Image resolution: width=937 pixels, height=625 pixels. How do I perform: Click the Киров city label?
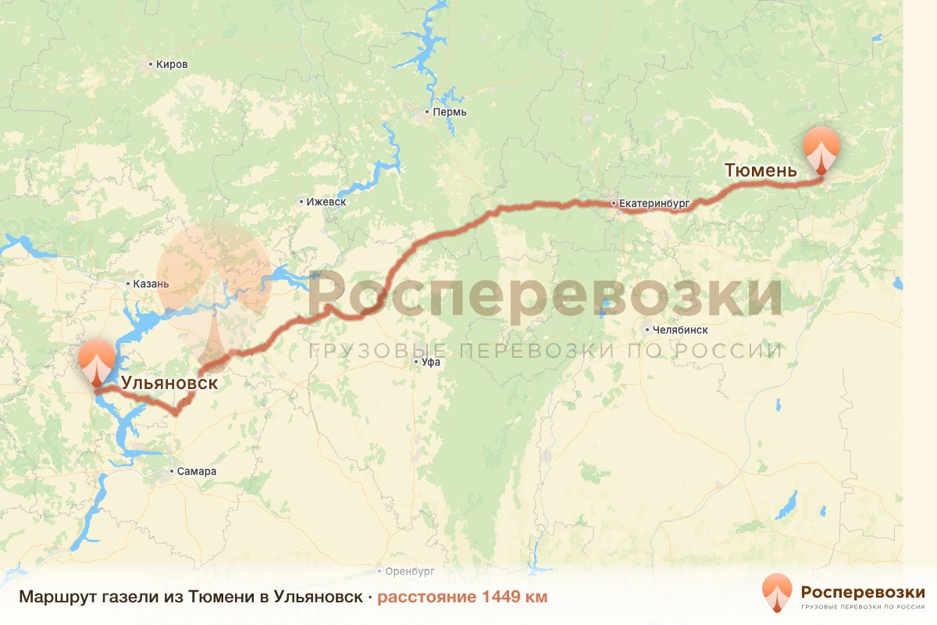point(172,64)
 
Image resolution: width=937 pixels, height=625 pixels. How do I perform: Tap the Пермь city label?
point(450,112)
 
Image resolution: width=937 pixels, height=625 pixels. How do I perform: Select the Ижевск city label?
point(326,202)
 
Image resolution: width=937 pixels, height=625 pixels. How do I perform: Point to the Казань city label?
point(151,284)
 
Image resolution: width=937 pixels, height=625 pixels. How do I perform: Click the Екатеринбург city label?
point(654,203)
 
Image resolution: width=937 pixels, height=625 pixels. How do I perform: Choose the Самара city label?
point(196,471)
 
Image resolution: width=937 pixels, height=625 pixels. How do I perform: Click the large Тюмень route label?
point(761,170)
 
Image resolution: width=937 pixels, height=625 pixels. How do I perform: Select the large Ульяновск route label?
point(169,384)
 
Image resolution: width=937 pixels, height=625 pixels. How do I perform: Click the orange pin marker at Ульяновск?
point(97,361)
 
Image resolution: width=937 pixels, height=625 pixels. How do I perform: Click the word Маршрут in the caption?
point(57,598)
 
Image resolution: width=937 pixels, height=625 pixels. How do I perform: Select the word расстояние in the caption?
point(427,598)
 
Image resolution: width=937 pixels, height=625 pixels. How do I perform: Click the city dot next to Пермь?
point(427,112)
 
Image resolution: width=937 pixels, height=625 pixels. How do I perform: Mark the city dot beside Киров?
point(150,64)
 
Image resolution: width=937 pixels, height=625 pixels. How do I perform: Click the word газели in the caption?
point(126,598)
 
